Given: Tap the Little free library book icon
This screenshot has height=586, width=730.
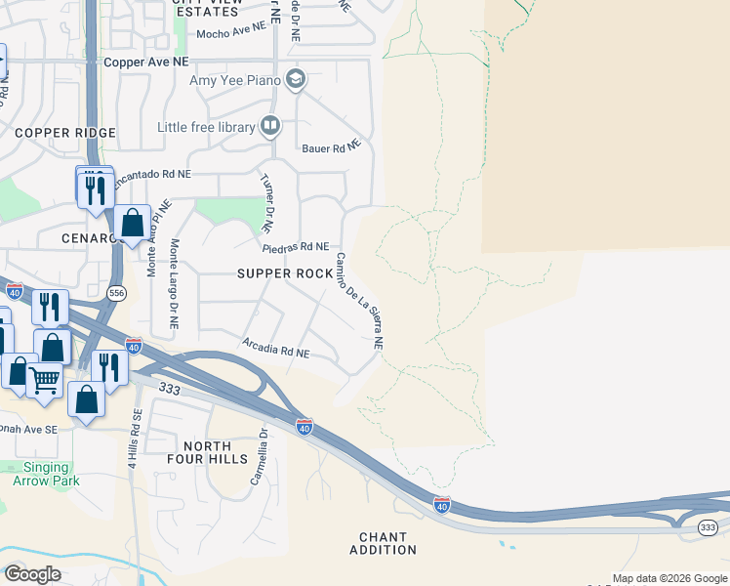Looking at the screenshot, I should pos(270,126).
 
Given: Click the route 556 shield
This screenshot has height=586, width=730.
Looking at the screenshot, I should pos(116,293).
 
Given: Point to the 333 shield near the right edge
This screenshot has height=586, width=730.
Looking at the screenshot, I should pos(708,527).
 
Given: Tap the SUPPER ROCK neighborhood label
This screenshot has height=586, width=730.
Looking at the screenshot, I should pos(285,273).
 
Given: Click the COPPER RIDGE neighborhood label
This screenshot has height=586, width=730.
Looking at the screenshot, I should pos(65,133).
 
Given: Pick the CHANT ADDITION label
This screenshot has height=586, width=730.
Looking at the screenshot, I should pos(383,543).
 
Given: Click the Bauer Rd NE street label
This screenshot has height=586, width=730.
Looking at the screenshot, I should pos(332,147).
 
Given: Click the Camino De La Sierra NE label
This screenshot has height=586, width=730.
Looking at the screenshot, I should pos(358,301).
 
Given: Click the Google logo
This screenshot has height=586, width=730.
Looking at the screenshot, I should pos(32,574).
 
